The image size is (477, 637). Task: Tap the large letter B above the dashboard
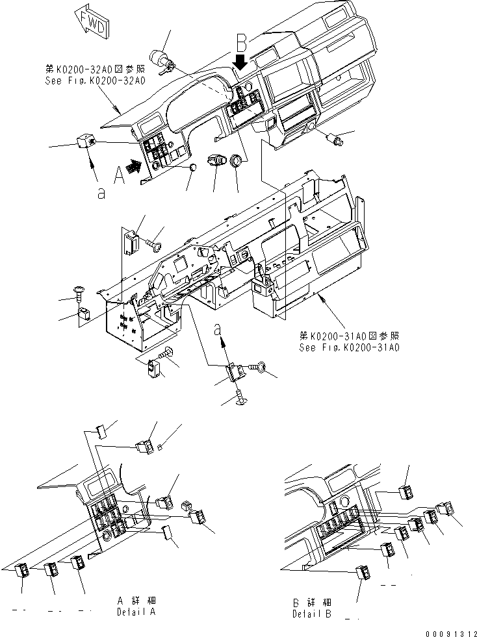tap(242, 44)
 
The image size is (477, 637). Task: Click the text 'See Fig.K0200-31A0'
tap(349, 347)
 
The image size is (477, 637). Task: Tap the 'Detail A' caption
tap(137, 612)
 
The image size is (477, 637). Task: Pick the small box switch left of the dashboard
tap(86, 141)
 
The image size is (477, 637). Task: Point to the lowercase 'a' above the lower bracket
tap(218, 330)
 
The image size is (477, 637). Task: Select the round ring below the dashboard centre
tap(237, 160)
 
